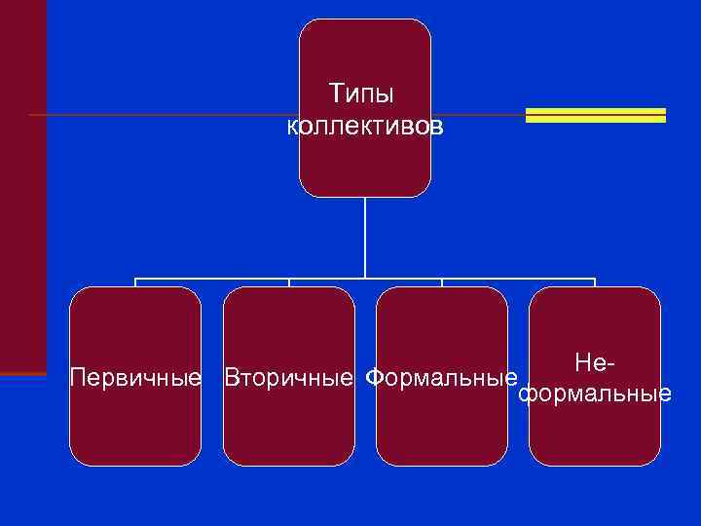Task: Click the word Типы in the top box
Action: [361, 94]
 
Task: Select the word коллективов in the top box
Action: [365, 127]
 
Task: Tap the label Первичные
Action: [136, 377]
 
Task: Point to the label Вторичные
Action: [288, 377]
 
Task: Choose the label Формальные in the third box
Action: [440, 377]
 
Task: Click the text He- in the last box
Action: [595, 363]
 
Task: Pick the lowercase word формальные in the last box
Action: [595, 394]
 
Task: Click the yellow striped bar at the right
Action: [595, 115]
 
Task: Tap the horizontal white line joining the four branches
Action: [365, 280]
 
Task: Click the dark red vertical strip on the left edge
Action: [22, 185]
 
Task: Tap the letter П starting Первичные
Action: [78, 377]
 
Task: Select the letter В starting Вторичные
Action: [232, 377]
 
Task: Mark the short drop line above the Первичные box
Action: [135, 283]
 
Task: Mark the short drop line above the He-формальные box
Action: [594, 283]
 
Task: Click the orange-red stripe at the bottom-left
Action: [22, 374]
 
